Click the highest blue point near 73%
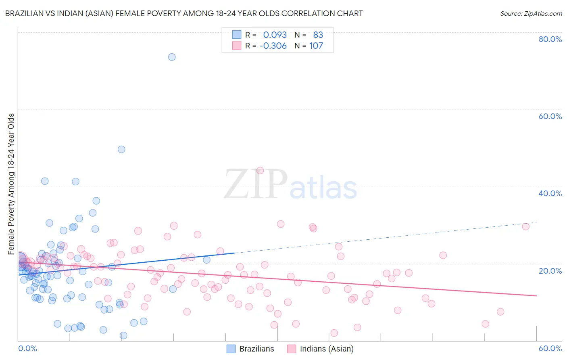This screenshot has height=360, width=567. click(x=172, y=57)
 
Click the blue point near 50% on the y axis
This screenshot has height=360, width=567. click(x=121, y=149)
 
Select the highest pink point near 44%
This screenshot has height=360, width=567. click(x=260, y=171)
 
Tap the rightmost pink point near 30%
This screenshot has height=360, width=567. click(x=525, y=226)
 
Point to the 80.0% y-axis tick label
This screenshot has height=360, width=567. click(x=550, y=39)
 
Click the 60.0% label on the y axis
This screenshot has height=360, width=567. click(x=550, y=116)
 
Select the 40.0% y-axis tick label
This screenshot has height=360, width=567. click(x=550, y=193)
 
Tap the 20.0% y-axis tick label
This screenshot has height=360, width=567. click(x=550, y=271)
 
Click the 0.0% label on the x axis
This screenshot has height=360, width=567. click(x=27, y=348)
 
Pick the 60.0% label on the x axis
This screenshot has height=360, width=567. click(x=550, y=348)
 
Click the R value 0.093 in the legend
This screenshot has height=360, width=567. click(x=275, y=35)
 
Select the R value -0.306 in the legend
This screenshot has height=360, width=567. click(x=273, y=46)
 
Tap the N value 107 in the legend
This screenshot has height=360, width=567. click(x=316, y=46)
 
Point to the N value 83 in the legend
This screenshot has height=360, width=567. click(x=318, y=35)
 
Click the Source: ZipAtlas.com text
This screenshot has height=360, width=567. click(x=531, y=13)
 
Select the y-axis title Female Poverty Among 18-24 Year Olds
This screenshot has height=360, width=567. click(x=11, y=184)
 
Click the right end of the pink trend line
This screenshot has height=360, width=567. click(x=536, y=296)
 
